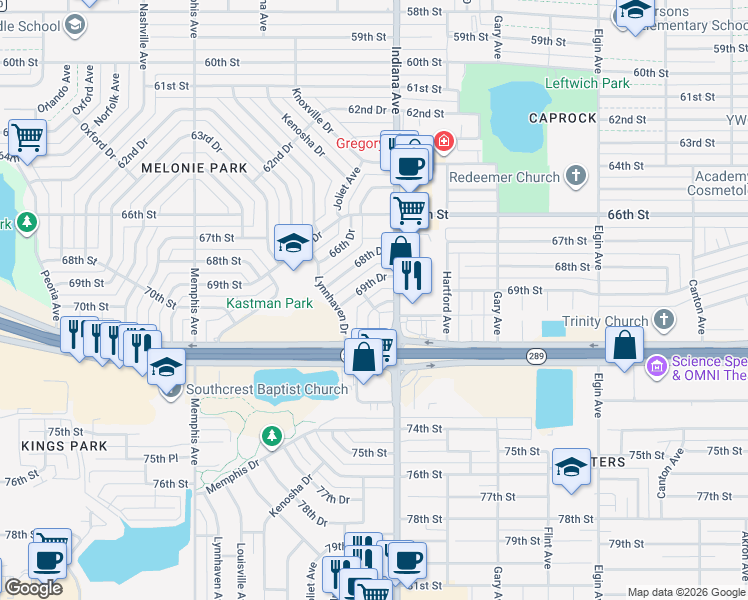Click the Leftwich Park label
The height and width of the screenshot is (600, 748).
pyautogui.click(x=587, y=83)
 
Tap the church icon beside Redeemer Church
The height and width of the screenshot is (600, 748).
pyautogui.click(x=574, y=176)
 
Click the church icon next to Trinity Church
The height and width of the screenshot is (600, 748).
pyautogui.click(x=663, y=320)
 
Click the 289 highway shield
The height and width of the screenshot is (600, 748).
pyautogui.click(x=536, y=356)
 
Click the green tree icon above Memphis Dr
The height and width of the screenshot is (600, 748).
pyautogui.click(x=271, y=436)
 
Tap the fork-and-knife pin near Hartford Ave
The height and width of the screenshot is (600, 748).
pyautogui.click(x=412, y=274)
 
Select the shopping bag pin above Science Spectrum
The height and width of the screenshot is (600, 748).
pyautogui.click(x=624, y=346)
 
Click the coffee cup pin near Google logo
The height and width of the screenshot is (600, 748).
pyautogui.click(x=48, y=561)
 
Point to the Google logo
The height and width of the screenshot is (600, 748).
pyautogui.click(x=33, y=588)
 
